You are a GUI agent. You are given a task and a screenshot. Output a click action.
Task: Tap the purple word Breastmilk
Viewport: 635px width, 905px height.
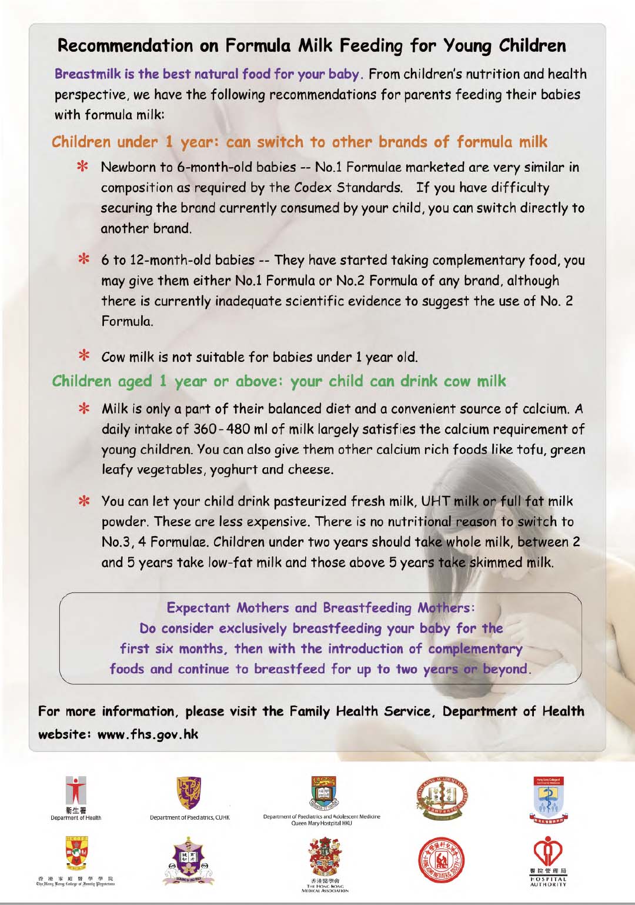[x=87, y=74]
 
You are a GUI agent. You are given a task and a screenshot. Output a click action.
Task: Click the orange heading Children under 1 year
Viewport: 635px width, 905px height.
[x=112, y=142]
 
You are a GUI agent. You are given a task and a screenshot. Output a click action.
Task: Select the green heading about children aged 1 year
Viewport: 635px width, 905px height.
[x=279, y=381]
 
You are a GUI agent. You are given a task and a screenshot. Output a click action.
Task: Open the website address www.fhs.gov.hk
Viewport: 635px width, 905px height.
[x=148, y=734]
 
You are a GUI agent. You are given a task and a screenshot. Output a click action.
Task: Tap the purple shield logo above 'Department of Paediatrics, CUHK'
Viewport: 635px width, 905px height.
[x=189, y=792]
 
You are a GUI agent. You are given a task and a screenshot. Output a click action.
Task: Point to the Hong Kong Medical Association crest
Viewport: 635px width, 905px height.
[x=324, y=857]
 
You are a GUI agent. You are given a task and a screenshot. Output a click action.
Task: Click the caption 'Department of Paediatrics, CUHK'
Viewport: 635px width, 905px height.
[x=189, y=818]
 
